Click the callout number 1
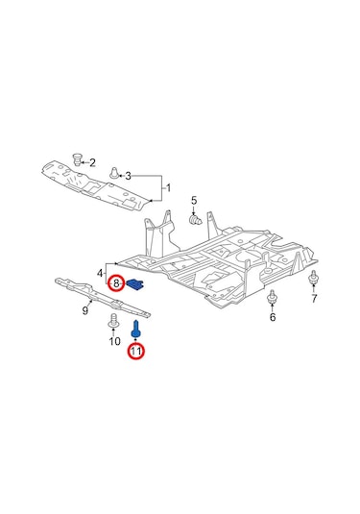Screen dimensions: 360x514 [168, 188]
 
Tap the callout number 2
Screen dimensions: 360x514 [92, 162]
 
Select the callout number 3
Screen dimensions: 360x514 [128, 176]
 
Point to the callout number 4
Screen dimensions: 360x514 [100, 273]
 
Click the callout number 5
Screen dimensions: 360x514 [194, 200]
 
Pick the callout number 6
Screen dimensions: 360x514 [273, 317]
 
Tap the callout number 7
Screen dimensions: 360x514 [314, 298]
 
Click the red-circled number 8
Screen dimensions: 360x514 [116, 282]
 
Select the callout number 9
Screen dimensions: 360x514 [85, 310]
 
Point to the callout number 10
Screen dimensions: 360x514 [114, 342]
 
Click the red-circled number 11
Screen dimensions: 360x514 [136, 351]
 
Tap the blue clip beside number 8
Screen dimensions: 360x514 [136, 283]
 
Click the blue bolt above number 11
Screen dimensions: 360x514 [135, 329]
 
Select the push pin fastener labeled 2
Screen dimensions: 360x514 [78, 159]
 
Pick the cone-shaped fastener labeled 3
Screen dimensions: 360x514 [114, 172]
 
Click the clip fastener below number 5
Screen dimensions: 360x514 [196, 220]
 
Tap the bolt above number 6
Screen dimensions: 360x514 [272, 297]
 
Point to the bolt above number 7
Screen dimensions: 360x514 [314, 278]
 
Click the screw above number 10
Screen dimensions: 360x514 [113, 321]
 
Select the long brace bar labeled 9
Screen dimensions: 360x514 [103, 298]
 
